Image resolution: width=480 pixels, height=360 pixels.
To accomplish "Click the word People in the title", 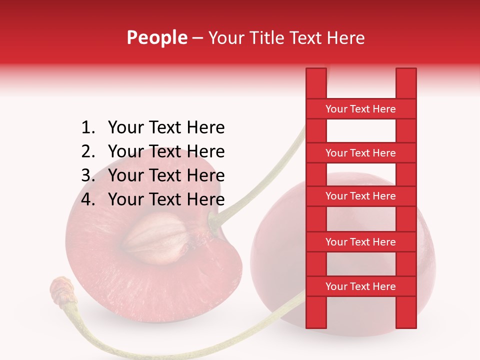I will [x=157, y=37].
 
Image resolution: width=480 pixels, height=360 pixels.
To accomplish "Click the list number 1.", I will [x=87, y=128].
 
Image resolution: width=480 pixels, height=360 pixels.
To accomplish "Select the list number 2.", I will [x=87, y=151].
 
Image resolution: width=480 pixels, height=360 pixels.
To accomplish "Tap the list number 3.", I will [x=87, y=175].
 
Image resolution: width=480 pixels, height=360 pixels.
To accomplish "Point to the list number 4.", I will [x=87, y=199].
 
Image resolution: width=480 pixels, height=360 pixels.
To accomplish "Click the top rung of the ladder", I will [x=360, y=109].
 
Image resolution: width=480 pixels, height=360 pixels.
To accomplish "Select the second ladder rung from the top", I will [x=360, y=153].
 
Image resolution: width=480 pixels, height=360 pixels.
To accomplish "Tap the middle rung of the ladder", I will [x=360, y=196].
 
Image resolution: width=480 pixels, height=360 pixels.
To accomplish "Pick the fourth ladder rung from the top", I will [x=360, y=242].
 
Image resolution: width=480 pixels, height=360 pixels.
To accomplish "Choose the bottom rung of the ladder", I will [x=360, y=286].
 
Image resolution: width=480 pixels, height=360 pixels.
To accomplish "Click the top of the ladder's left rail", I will [x=316, y=75].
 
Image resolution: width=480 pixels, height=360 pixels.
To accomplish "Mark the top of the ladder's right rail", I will [x=406, y=75].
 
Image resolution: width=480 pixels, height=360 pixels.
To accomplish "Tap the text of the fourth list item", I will [x=166, y=199].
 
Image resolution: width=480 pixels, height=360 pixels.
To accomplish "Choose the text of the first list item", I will [x=166, y=128].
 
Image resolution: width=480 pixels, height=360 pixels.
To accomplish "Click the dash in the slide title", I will [x=197, y=38].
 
